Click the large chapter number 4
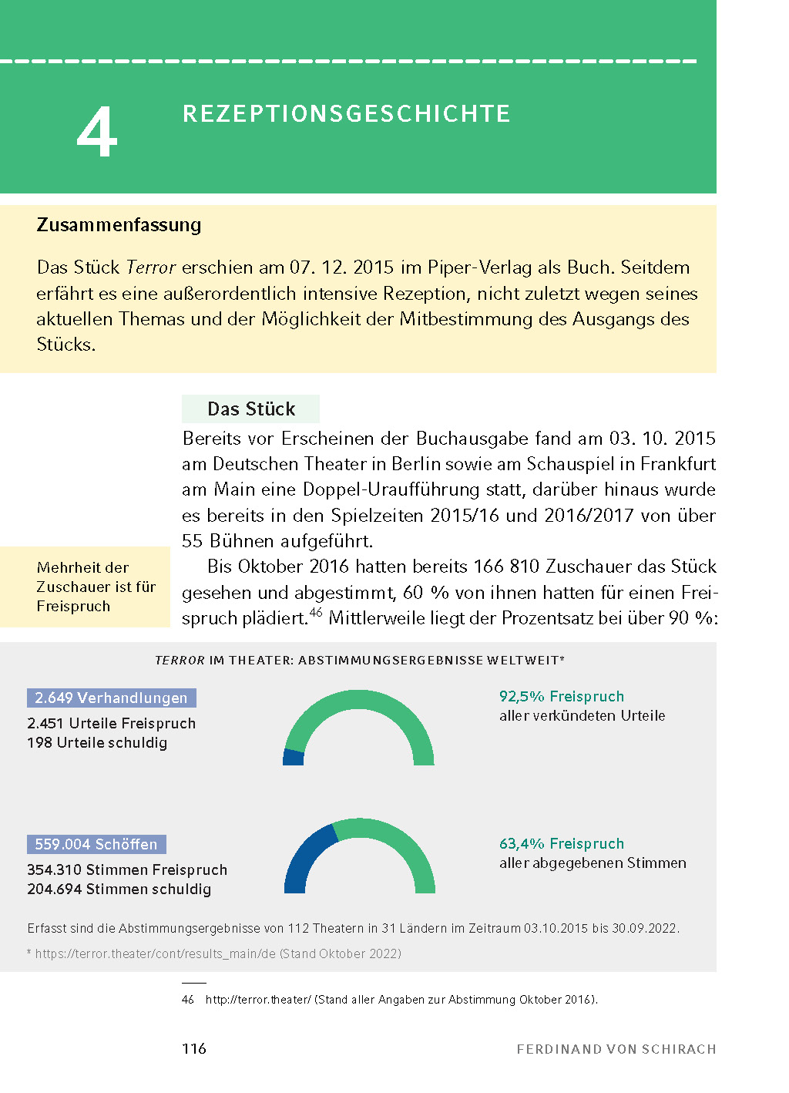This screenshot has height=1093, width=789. point(97,133)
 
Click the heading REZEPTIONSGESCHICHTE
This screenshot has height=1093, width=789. point(346,114)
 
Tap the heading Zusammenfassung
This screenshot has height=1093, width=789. point(119,225)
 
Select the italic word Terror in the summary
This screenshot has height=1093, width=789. point(151,267)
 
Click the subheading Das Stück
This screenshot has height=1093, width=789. point(251,409)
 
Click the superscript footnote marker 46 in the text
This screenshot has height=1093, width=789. point(316,613)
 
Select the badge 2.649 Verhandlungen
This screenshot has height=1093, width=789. point(112,698)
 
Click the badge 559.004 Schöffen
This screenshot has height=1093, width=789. point(96,844)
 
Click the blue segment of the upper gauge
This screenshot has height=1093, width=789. point(293,757)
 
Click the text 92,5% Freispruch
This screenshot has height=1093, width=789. point(561,696)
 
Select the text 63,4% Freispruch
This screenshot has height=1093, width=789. point(561,843)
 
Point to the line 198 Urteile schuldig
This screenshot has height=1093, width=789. point(97,743)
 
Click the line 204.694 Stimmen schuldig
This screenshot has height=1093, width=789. point(119,890)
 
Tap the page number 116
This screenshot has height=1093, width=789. point(194,1048)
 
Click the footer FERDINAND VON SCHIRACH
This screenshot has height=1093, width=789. point(616,1049)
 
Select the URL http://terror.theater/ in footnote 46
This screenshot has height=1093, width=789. point(257,1000)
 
